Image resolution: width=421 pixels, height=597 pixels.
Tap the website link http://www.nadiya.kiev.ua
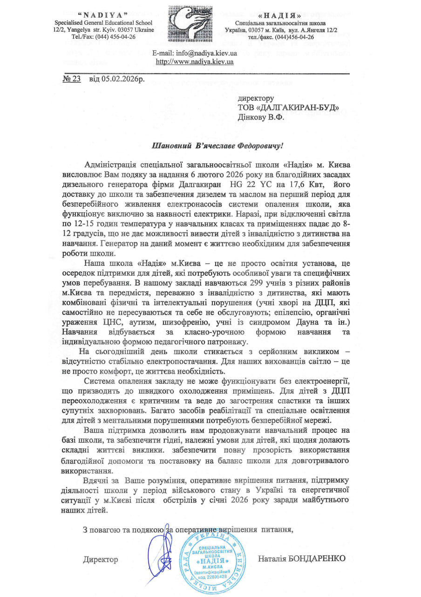[194, 62]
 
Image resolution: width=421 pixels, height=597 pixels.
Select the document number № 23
[72, 79]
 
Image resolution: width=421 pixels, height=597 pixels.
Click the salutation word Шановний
[170, 146]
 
